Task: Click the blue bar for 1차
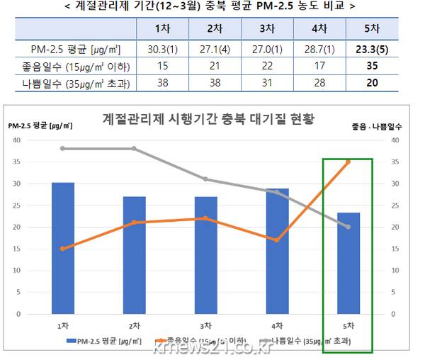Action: click(x=62, y=248)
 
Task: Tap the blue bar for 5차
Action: click(x=348, y=263)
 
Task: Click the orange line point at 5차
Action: click(x=348, y=162)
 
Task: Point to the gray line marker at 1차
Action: click(x=62, y=148)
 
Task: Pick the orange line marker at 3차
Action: click(x=205, y=218)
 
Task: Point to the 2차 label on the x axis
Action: click(x=134, y=325)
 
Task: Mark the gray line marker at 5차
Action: click(x=348, y=227)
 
